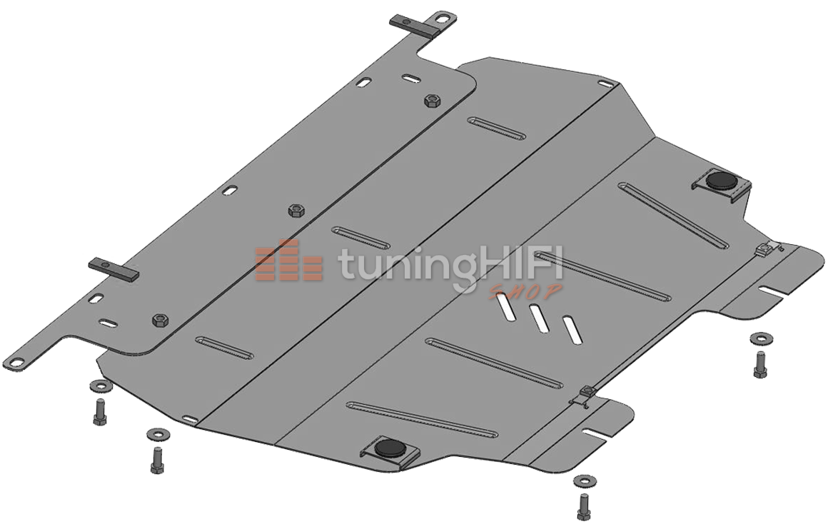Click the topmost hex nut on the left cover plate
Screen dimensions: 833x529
tap(430, 101)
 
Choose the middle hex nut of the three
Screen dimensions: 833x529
tap(295, 211)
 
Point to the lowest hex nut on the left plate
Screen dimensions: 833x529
tap(160, 321)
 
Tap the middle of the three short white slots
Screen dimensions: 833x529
tap(539, 318)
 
